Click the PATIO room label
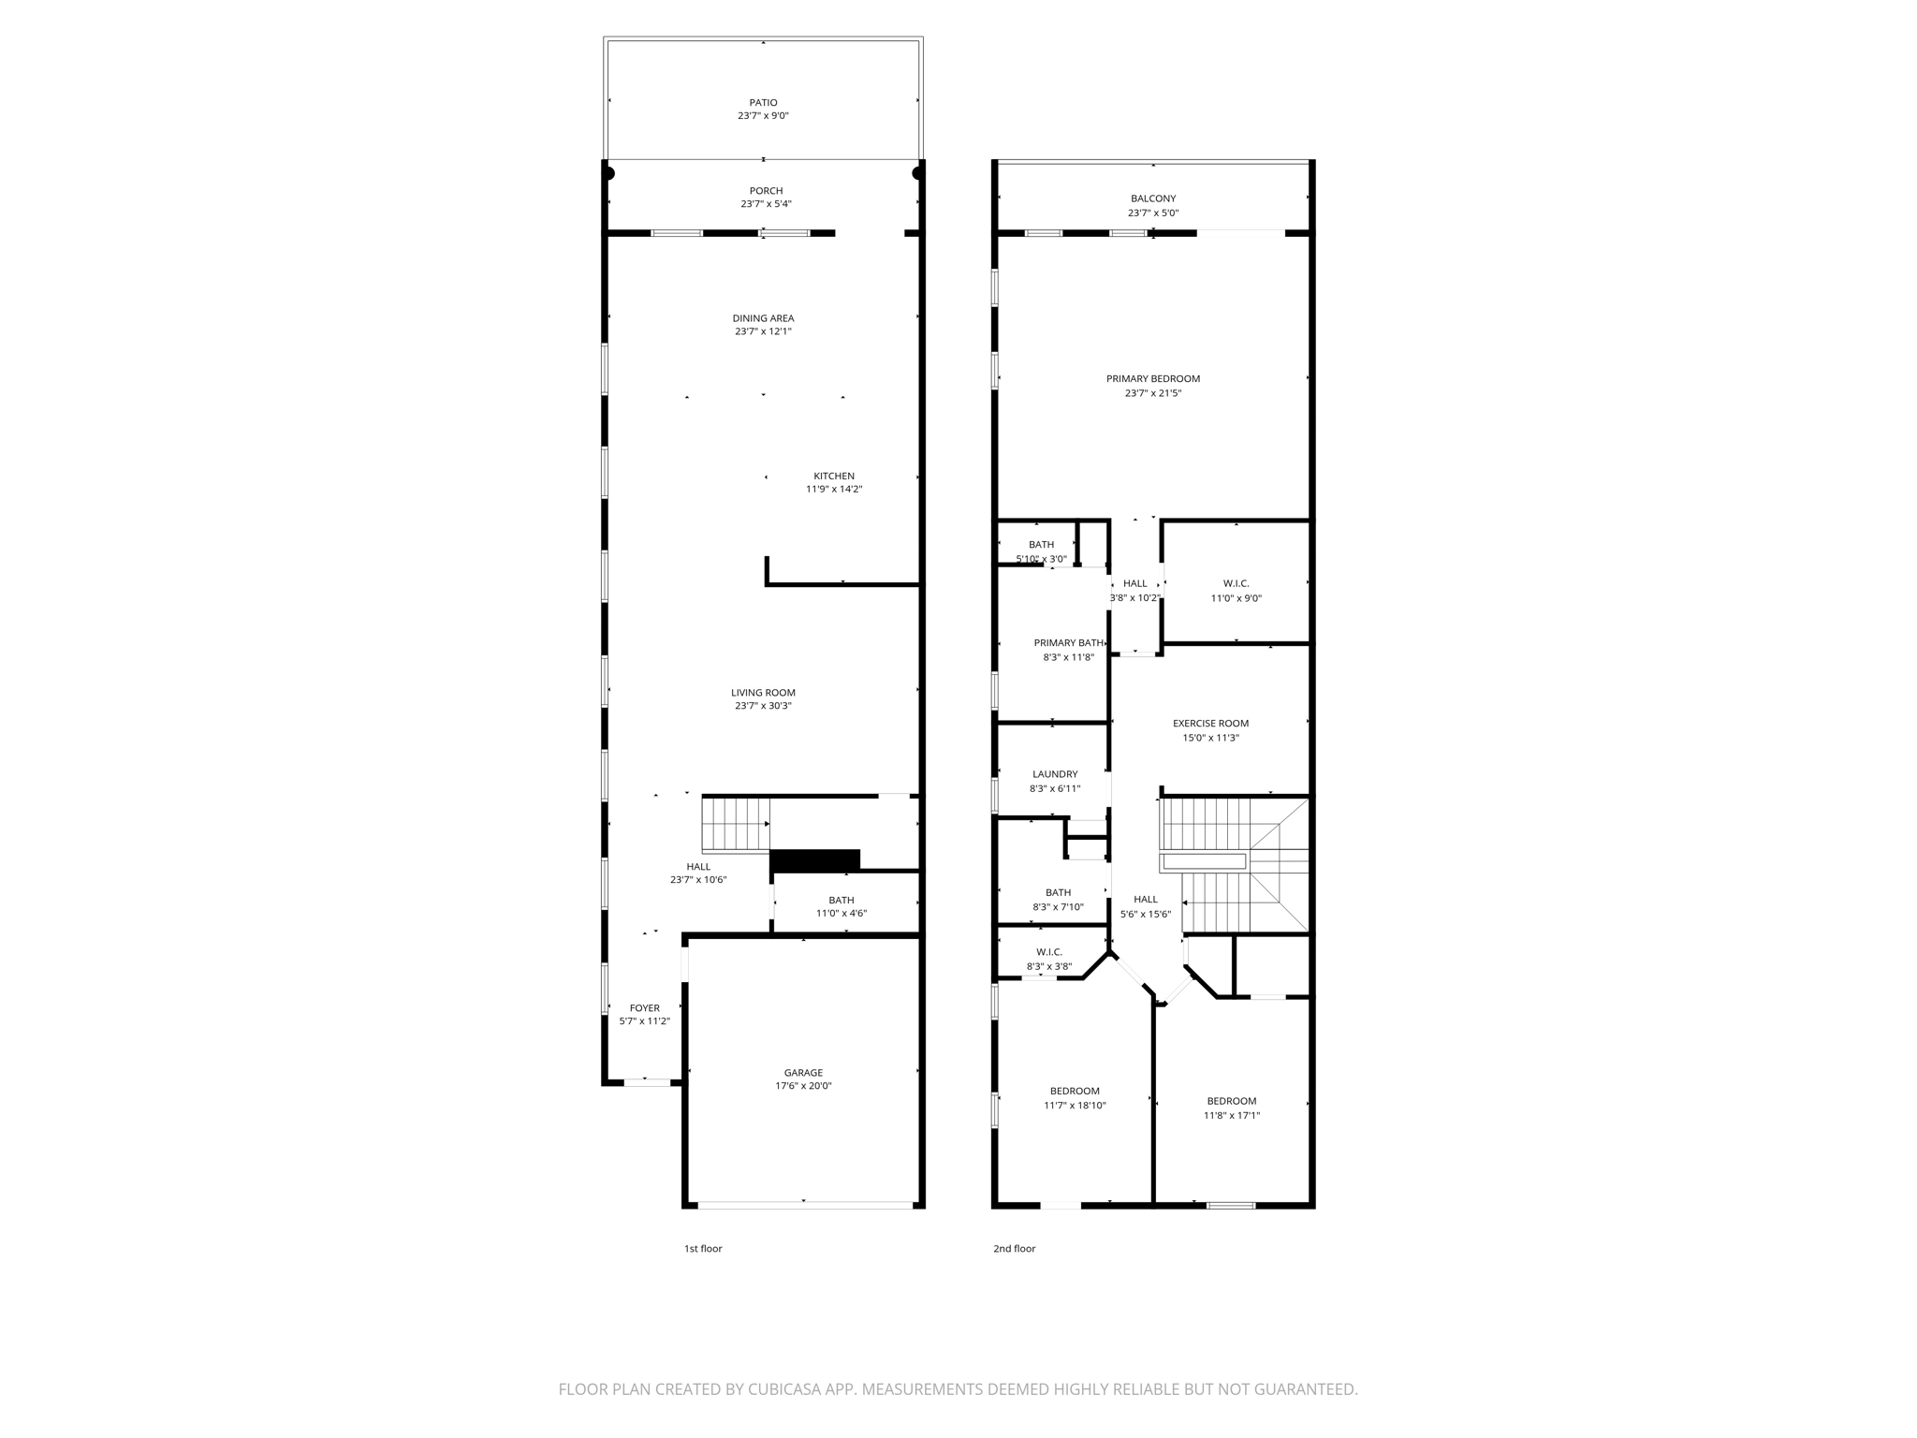pos(763,103)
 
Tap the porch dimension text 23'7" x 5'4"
pos(766,204)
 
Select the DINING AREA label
pos(763,318)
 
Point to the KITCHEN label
pos(833,477)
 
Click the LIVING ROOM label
pos(763,693)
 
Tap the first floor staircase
pos(735,825)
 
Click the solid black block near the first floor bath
pos(814,859)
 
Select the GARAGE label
pos(803,1073)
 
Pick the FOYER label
pos(644,1008)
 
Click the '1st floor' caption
pos(703,1249)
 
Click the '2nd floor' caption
pos(1014,1249)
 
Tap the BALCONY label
pos(1152,198)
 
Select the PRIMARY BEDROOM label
pos(1152,379)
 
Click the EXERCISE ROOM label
pos(1210,724)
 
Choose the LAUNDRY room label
pos(1055,774)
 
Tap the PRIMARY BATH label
pos(1068,643)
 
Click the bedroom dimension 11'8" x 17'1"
pos(1231,1116)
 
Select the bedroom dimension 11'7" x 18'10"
pos(1075,1106)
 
